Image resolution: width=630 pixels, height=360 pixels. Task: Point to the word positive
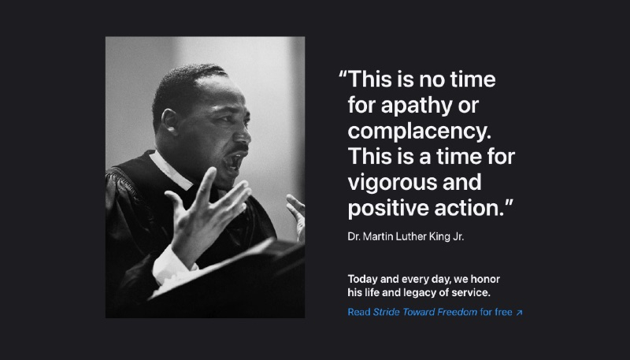click(x=387, y=209)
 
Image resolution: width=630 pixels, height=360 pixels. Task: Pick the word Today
click(x=363, y=280)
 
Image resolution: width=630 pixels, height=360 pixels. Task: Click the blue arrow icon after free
click(x=519, y=313)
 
